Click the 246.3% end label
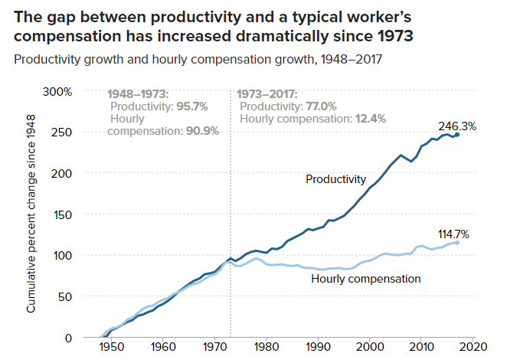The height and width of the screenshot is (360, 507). coord(457,126)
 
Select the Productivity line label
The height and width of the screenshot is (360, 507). coord(336,179)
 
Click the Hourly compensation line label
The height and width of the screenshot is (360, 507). coord(366,279)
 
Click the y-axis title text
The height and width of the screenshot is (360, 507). coord(32,218)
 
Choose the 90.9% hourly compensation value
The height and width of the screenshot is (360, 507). coord(202,131)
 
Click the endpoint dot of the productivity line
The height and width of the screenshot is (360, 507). coord(457,135)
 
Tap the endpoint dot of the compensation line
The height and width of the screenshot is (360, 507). coord(457,242)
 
